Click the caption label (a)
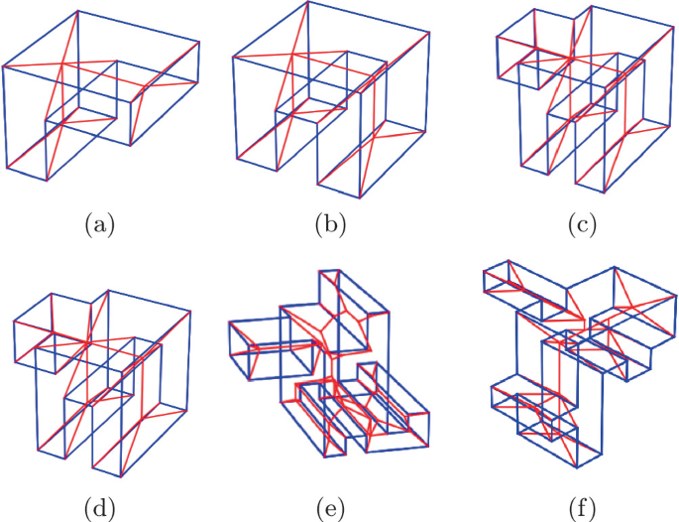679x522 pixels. point(100,225)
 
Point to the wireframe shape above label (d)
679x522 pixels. point(99,382)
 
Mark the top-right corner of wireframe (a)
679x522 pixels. point(199,42)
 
